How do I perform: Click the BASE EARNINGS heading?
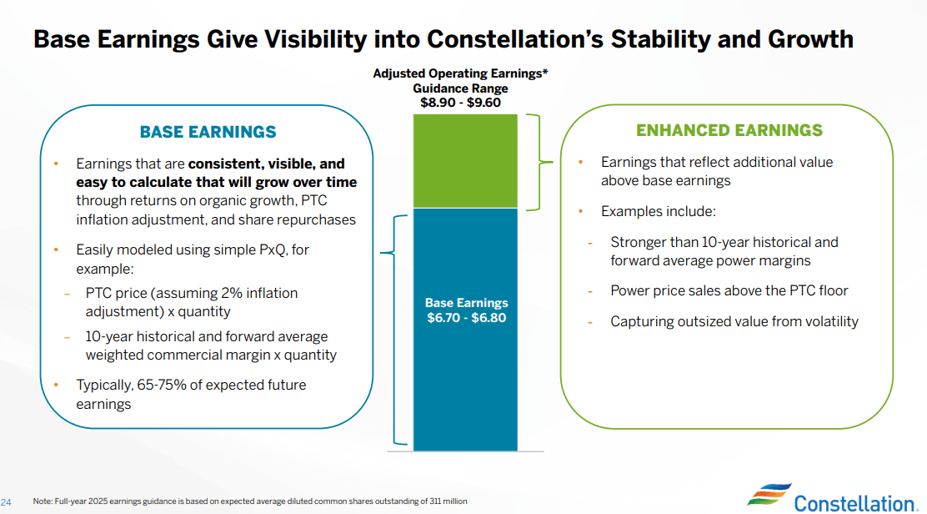click(208, 132)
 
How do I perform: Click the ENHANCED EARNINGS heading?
click(729, 130)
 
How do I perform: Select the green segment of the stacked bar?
click(465, 161)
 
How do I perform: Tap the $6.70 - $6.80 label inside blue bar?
click(466, 318)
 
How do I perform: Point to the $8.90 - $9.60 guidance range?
click(460, 103)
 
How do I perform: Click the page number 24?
click(8, 501)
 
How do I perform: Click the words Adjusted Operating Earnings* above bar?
click(460, 74)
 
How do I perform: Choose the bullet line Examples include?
click(658, 211)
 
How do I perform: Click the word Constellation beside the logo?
click(854, 502)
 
